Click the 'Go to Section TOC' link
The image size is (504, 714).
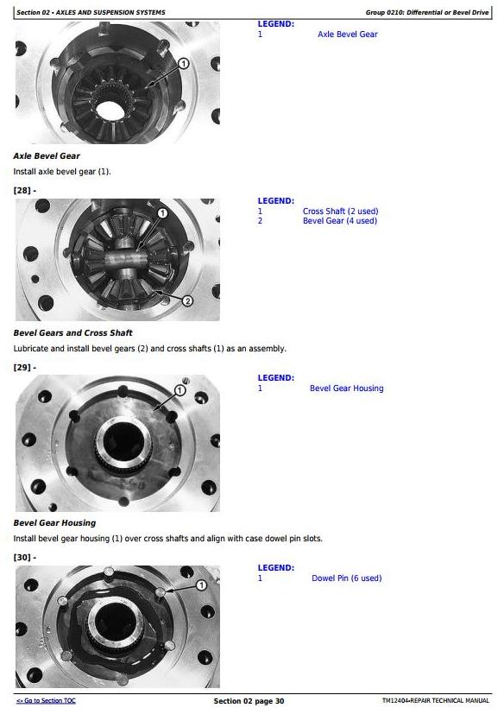(x=46, y=701)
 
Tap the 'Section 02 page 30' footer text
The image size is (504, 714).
(x=249, y=701)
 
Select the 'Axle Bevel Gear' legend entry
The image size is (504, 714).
(x=348, y=35)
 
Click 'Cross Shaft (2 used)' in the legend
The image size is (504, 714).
(x=341, y=212)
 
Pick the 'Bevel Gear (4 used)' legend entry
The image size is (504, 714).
(x=340, y=221)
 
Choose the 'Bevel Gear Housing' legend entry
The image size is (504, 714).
(x=346, y=389)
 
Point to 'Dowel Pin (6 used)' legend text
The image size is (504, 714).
(x=346, y=578)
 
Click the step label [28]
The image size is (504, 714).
(x=24, y=190)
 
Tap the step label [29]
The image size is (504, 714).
(x=24, y=368)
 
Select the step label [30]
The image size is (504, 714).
(x=24, y=558)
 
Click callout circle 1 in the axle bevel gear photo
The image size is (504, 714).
(x=184, y=63)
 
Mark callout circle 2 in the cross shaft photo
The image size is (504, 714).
(x=187, y=300)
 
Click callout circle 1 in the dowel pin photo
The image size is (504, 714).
(x=201, y=585)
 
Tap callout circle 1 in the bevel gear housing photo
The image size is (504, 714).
(x=180, y=390)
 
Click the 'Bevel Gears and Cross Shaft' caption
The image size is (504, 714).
(x=72, y=333)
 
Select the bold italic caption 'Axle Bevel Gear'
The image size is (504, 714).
(x=47, y=155)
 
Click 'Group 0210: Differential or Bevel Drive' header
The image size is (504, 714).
(x=427, y=12)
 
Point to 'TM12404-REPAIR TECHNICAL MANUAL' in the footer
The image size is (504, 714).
(x=436, y=701)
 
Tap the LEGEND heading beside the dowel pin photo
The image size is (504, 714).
(x=276, y=568)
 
